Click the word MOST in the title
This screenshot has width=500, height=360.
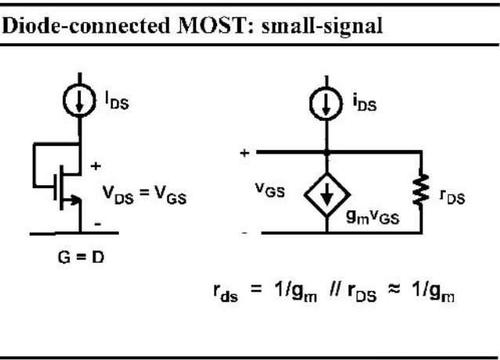211,26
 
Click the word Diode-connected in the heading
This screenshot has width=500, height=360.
85,26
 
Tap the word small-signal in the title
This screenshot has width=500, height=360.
322,27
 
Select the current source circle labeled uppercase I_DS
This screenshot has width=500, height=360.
79,100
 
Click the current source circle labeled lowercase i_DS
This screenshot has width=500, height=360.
326,104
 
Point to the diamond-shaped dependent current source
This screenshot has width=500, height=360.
327,195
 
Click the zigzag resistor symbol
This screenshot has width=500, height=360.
421,189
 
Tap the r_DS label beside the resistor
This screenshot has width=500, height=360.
452,197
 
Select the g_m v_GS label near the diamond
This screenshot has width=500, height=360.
372,218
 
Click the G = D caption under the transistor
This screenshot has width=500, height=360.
81,257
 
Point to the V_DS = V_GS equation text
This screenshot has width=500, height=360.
144,195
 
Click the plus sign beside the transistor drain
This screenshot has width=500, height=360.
96,166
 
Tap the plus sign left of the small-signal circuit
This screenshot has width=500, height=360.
245,153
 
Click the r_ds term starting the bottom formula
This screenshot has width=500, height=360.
226,293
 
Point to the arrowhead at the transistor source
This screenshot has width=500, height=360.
76,200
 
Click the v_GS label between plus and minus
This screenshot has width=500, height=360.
270,190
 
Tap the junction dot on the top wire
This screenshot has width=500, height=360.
327,153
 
